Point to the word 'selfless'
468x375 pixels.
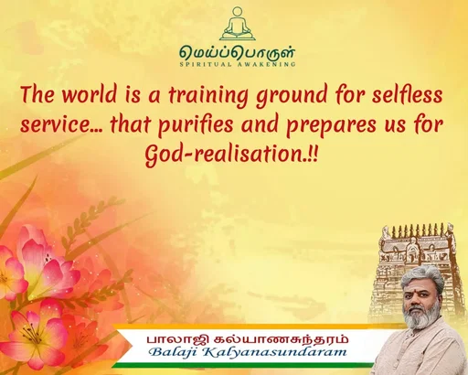(x=402, y=95)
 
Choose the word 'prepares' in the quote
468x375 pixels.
(x=324, y=124)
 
